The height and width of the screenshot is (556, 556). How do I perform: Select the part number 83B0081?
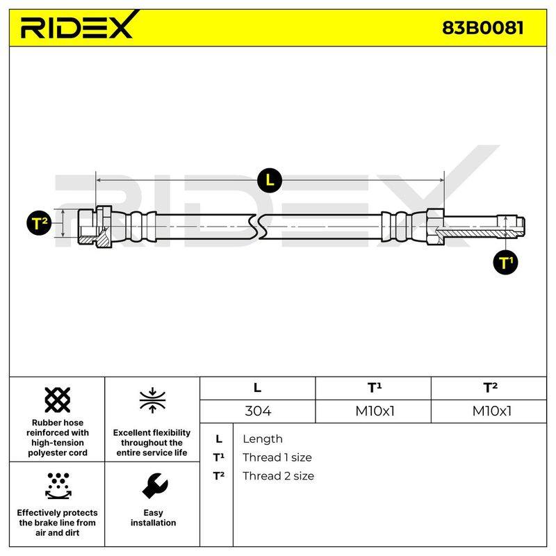pos(482,28)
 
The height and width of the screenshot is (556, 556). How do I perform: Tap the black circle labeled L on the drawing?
pos(270,181)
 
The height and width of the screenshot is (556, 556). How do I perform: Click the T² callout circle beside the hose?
pos(39,223)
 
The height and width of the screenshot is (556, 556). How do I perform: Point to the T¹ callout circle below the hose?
pos(505,263)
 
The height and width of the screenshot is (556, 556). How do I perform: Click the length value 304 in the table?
pos(258,411)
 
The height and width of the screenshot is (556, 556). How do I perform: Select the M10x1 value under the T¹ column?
pos(375,411)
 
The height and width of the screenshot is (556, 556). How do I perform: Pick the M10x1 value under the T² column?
pos(491,411)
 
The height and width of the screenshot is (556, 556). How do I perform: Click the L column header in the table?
pos(257,388)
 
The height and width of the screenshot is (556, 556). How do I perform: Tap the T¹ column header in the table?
pos(375,388)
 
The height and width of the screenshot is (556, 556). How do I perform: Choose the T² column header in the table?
pos(490,388)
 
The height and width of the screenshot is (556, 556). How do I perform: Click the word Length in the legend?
pos(263,439)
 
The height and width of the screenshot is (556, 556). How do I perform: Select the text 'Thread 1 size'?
pos(277,457)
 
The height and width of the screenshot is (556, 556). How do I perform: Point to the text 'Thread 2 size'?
pos(278,476)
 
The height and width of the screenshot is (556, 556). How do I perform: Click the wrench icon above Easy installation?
pos(154,486)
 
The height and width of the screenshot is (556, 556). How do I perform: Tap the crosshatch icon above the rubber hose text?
pos(58,400)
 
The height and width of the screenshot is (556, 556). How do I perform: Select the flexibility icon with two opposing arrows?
pos(152,400)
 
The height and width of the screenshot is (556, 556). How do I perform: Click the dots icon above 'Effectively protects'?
pos(58,486)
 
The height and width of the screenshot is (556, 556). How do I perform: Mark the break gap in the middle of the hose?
pos(258,227)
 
